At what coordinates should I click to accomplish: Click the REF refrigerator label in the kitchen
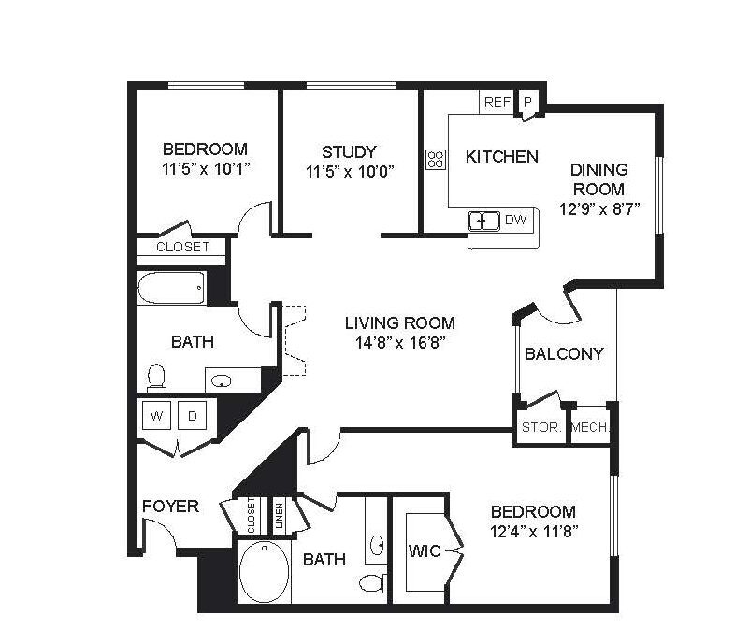click(x=497, y=102)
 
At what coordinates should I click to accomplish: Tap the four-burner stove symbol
click(x=436, y=159)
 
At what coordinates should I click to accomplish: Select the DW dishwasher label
click(x=515, y=220)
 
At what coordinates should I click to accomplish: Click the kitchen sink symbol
click(x=483, y=222)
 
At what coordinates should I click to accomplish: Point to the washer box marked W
click(x=156, y=415)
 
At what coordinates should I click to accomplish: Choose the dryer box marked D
click(x=193, y=415)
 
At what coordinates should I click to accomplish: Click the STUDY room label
click(x=349, y=152)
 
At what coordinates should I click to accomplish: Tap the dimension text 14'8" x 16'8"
click(x=400, y=343)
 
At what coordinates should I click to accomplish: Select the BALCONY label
click(x=564, y=353)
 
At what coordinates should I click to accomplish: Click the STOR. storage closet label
click(x=541, y=427)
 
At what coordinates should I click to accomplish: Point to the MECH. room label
click(x=590, y=427)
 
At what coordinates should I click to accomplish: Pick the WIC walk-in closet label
click(x=425, y=551)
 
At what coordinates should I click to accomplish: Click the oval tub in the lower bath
click(x=264, y=572)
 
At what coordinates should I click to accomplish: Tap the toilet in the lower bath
click(x=373, y=583)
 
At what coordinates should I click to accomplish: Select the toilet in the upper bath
click(x=156, y=378)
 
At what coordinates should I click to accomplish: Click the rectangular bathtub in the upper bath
click(x=171, y=288)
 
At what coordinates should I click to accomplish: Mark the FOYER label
click(x=170, y=507)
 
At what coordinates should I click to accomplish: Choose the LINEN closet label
click(x=280, y=516)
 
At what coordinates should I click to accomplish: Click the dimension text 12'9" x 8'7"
click(x=599, y=208)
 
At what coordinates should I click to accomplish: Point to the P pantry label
click(x=527, y=102)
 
